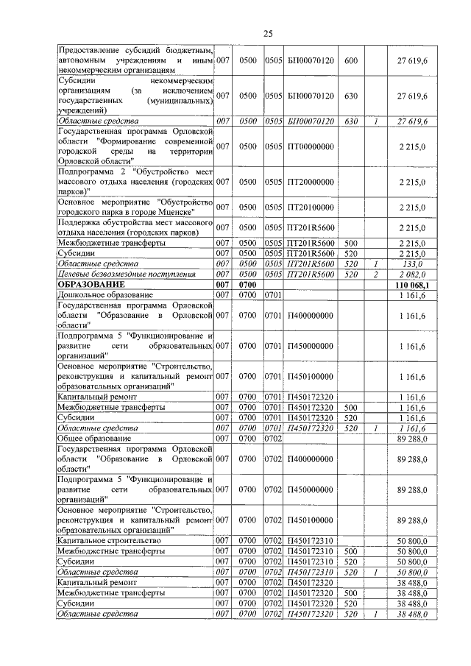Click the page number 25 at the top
pyautogui.click(x=268, y=33)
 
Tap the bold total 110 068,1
pyautogui.click(x=412, y=284)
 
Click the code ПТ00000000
pyautogui.click(x=310, y=147)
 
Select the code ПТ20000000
pyautogui.click(x=310, y=182)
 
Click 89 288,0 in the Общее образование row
pyautogui.click(x=412, y=438)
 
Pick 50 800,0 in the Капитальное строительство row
pyautogui.click(x=412, y=541)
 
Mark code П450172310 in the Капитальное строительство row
pyautogui.click(x=310, y=541)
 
